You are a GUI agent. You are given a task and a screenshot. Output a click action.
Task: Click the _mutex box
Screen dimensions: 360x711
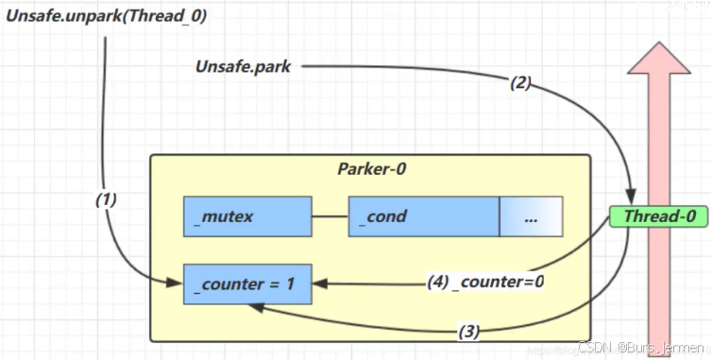click(x=247, y=216)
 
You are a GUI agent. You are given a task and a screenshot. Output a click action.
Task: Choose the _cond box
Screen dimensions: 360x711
click(x=423, y=216)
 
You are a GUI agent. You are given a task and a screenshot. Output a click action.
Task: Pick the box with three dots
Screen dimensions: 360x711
click(x=531, y=216)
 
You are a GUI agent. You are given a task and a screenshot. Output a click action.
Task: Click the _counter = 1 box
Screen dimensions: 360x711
click(x=247, y=284)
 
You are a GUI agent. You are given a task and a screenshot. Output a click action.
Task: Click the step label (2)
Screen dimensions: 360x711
click(x=520, y=82)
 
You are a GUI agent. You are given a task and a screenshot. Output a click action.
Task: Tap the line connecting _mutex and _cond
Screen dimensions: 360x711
click(x=330, y=216)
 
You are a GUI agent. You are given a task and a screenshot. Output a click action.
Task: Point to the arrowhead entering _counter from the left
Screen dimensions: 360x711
click(x=178, y=280)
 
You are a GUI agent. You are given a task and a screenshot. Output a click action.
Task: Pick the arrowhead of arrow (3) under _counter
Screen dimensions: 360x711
click(x=254, y=308)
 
